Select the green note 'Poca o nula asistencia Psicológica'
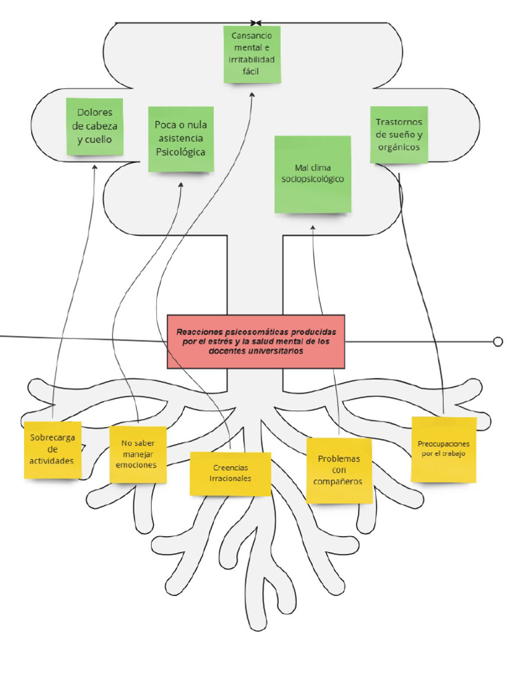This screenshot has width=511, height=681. click(180, 139)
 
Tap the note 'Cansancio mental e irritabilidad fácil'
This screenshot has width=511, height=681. click(252, 55)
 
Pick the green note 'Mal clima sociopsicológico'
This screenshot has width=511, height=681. click(313, 174)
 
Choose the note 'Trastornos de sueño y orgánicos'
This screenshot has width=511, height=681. click(399, 134)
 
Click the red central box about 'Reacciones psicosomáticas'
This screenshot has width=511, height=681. click(256, 341)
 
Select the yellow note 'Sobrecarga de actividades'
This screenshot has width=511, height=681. click(53, 450)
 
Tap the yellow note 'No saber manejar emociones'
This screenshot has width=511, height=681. click(138, 454)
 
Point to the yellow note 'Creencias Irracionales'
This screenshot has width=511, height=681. click(230, 473)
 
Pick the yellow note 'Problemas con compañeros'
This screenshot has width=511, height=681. click(339, 470)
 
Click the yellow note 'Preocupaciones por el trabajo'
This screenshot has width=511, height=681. click(444, 449)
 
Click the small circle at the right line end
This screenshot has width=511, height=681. click(498, 342)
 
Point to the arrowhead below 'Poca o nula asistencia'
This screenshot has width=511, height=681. click(180, 186)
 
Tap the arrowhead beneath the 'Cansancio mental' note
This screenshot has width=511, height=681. click(253, 94)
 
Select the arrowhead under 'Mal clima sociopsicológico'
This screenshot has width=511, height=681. click(313, 227)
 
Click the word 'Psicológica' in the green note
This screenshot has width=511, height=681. click(180, 152)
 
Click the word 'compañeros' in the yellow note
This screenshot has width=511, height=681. click(339, 481)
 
